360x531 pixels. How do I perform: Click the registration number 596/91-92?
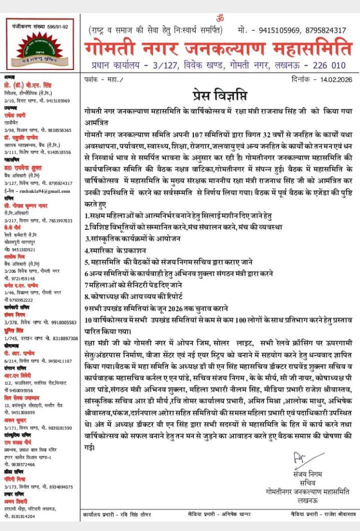coord(54,26)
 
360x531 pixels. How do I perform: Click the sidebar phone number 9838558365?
coord(54,131)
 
